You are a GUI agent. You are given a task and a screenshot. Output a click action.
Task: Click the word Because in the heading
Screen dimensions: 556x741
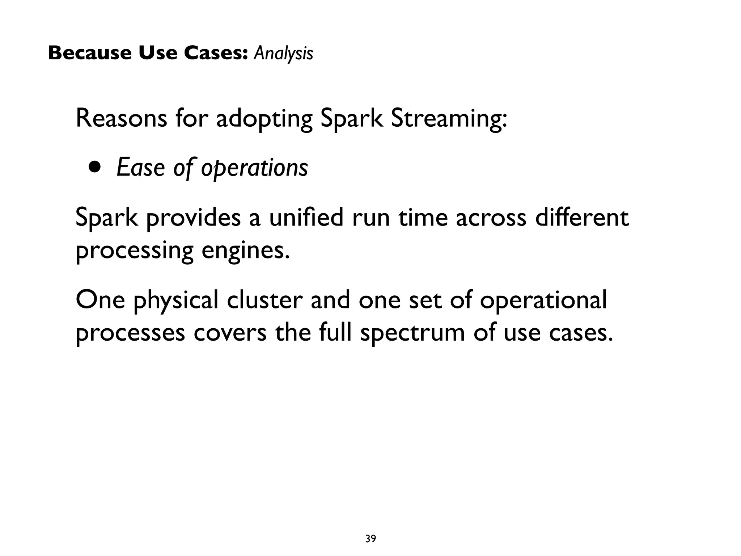point(90,53)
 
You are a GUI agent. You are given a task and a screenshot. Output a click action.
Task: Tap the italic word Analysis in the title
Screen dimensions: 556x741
point(283,54)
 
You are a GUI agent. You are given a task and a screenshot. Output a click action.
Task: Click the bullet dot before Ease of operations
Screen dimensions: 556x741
point(95,168)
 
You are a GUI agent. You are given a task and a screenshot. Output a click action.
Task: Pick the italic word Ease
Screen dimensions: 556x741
point(140,168)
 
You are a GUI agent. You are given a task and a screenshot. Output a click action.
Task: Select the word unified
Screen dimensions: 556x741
point(306,218)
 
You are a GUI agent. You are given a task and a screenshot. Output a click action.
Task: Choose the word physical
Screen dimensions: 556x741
point(176,301)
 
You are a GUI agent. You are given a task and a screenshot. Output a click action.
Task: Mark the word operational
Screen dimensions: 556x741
point(543,301)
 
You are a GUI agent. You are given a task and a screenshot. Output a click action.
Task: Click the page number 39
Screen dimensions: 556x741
point(370,539)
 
